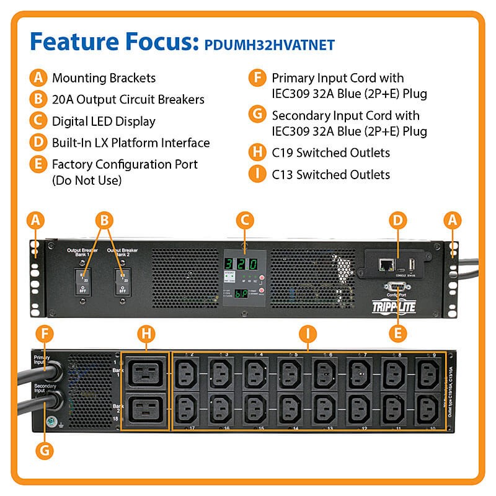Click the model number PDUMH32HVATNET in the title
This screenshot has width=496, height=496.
[x=270, y=44]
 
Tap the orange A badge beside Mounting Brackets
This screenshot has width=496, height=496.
[x=38, y=78]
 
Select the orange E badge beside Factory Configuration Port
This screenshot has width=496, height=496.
[x=38, y=164]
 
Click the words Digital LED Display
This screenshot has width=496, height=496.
[x=104, y=122]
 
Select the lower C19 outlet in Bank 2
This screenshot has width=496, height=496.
[x=144, y=409]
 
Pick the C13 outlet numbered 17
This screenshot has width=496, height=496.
[x=185, y=409]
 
